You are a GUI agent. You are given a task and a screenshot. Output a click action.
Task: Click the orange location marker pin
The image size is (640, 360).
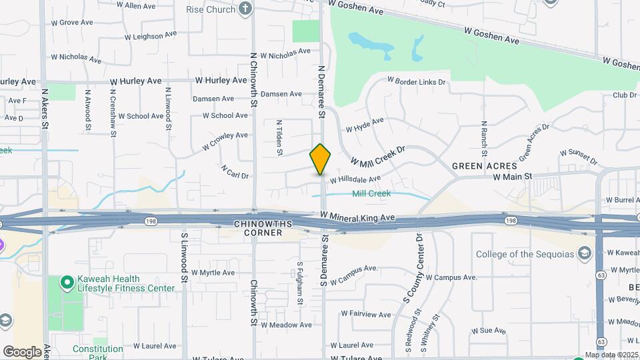321,159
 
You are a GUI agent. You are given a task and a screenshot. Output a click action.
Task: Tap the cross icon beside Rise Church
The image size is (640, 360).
246,9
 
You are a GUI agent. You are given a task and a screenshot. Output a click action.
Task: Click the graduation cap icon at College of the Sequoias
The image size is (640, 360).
585,253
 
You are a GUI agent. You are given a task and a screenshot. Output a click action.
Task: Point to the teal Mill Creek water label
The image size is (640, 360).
371,193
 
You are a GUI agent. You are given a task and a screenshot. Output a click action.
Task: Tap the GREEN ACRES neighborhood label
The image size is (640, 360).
484,165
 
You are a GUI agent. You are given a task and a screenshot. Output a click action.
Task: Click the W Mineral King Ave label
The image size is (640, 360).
357,217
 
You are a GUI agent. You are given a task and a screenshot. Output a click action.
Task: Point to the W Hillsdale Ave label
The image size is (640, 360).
355,179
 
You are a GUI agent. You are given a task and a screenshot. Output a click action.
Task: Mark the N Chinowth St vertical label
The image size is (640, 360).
253,80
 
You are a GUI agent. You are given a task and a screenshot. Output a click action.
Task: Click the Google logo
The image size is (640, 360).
22,352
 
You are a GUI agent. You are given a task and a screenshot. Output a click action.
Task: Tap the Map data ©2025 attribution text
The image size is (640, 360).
611,355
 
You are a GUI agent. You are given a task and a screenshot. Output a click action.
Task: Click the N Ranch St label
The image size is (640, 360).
484,139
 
